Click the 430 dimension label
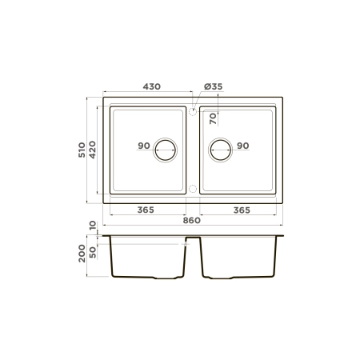tap(152, 85)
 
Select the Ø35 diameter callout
tap(213, 85)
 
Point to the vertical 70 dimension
tap(213, 120)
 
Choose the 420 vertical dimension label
tap(93, 149)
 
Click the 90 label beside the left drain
tap(143, 146)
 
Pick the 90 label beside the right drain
tap(243, 146)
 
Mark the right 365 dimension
tap(242, 210)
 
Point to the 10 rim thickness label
tap(93, 226)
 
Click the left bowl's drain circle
tap(166, 149)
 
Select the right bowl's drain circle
tap(221, 149)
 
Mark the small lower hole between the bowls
tap(193, 188)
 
